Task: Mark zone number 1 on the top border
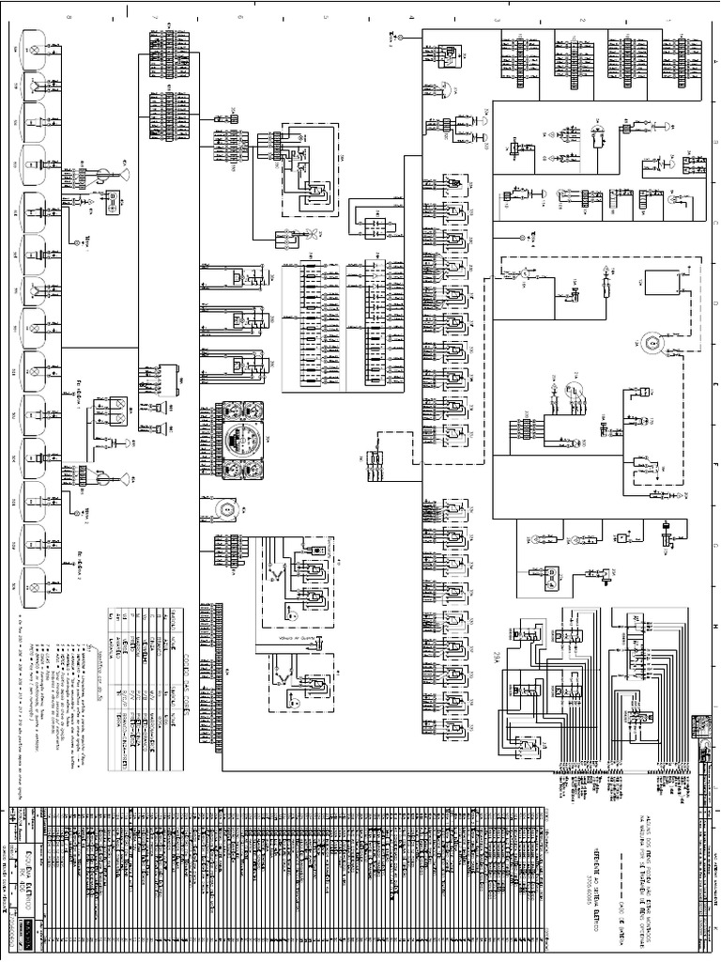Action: point(667,19)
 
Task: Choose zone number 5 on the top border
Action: point(326,19)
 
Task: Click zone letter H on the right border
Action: point(713,627)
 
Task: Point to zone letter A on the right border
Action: point(713,56)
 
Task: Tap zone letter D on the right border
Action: point(713,303)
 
